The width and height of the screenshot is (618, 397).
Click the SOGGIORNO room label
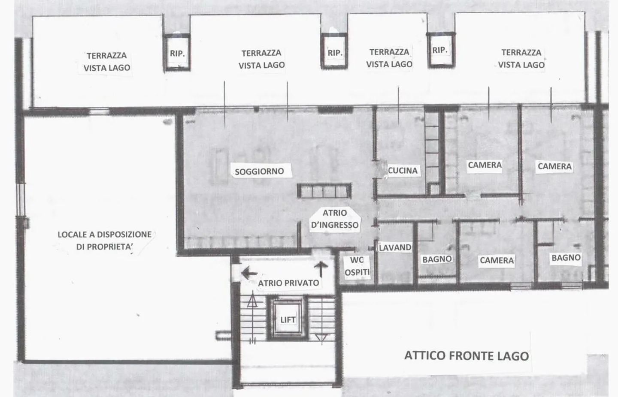259,171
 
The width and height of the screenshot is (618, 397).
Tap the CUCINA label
403,170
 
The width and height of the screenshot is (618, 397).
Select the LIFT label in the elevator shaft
288,320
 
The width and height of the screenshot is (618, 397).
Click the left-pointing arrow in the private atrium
249,273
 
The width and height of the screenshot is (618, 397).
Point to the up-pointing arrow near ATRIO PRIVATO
321,269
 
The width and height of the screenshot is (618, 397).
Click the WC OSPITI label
357,266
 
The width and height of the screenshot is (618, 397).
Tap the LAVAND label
395,247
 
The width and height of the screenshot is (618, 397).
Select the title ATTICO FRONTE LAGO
467,356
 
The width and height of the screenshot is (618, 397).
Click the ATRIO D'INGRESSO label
335,219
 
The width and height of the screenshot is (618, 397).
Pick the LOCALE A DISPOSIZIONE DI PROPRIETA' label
105,241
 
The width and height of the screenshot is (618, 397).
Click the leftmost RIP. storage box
177,52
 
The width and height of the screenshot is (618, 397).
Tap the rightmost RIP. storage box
441,50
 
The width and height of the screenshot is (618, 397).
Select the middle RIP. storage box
334,51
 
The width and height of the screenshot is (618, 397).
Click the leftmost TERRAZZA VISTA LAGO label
107,61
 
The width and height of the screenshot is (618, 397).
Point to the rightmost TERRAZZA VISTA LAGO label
521,58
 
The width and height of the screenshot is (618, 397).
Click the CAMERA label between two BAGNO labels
497,260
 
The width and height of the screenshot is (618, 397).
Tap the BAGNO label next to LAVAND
437,259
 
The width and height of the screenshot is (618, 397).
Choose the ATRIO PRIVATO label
288,283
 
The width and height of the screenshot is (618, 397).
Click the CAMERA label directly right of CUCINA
485,165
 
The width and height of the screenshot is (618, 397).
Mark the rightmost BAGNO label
566,258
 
